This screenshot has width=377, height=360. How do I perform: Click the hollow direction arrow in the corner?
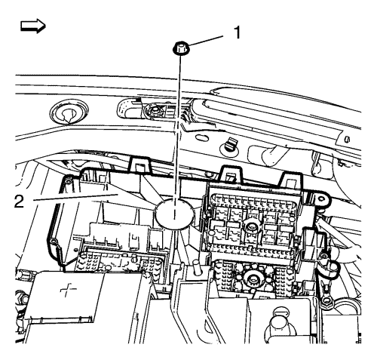tap(33, 26)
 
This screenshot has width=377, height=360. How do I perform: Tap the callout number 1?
tap(237, 33)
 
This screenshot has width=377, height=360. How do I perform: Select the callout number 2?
tap(19, 202)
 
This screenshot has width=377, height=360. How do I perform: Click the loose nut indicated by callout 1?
tap(181, 48)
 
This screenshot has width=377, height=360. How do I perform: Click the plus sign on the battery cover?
tap(69, 291)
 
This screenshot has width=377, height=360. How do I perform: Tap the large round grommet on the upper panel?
tap(69, 113)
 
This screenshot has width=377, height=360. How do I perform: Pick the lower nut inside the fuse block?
tap(251, 279)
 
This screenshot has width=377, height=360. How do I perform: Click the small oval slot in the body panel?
tap(202, 138)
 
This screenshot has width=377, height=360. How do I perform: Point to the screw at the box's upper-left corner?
tap(66, 181)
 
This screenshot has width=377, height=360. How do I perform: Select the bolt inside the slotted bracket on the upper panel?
tap(154, 111)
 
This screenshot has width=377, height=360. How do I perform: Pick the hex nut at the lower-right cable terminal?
tap(326, 300)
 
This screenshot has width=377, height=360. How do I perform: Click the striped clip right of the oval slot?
tap(229, 146)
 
